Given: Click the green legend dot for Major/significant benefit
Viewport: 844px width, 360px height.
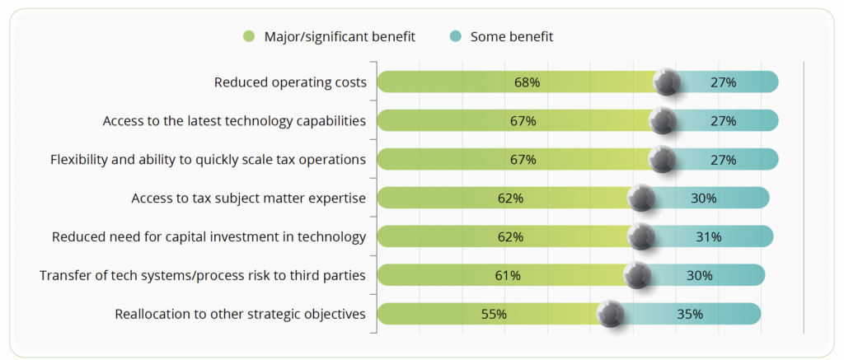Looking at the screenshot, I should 249,36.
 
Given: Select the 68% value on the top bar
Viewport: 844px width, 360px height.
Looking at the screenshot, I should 527,82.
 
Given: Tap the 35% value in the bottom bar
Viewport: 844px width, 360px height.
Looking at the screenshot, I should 690,314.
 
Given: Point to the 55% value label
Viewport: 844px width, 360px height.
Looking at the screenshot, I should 494,314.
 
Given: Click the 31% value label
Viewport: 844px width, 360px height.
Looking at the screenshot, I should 709,237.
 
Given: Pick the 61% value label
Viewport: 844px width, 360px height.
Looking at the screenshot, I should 508,276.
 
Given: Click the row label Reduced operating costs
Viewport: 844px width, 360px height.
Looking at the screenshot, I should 289,82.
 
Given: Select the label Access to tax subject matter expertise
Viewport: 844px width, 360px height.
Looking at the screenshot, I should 248,199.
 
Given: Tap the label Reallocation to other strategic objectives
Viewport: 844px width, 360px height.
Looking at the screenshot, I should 240,314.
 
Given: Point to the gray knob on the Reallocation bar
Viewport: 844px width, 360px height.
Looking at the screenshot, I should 611,314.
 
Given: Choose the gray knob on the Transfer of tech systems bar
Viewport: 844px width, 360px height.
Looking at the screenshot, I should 637,276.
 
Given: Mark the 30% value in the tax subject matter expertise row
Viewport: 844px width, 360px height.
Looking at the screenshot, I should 704,199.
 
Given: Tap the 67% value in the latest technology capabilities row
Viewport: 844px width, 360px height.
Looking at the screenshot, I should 523,121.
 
